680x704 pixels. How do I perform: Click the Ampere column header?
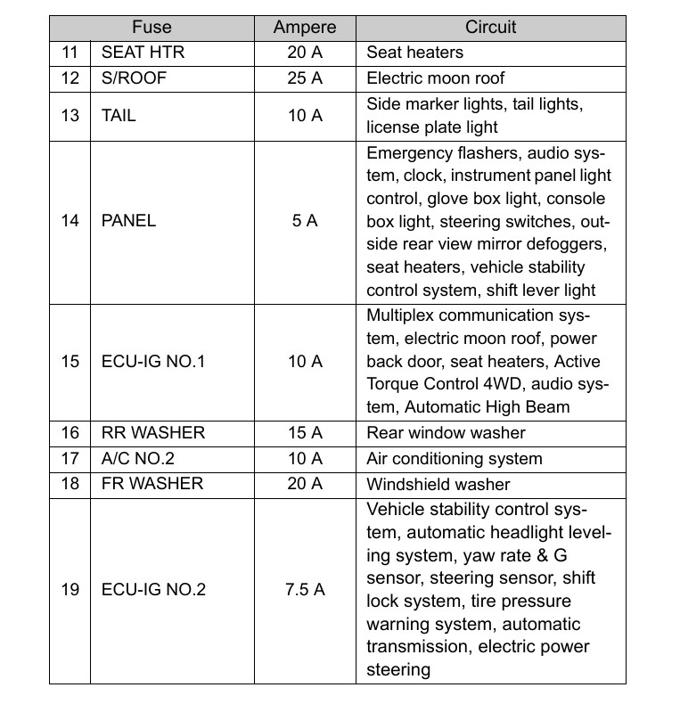point(305,28)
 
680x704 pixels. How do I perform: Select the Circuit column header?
point(490,28)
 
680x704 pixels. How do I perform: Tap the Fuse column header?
point(151,28)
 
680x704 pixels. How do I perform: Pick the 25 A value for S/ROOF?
point(305,78)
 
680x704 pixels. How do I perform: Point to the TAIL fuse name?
point(119,115)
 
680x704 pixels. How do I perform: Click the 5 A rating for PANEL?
point(305,220)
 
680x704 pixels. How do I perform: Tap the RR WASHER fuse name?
point(153,433)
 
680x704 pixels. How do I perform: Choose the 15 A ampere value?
point(305,433)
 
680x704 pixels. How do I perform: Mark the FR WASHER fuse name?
point(152,484)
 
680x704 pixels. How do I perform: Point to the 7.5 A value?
point(305,590)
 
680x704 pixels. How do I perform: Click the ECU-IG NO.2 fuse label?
point(154,590)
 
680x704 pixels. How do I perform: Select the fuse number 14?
point(70,220)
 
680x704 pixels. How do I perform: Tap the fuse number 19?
point(70,590)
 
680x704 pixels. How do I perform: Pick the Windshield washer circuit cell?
point(438,484)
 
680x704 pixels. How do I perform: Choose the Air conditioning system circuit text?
point(455,459)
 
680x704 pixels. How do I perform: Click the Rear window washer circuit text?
point(447,433)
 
